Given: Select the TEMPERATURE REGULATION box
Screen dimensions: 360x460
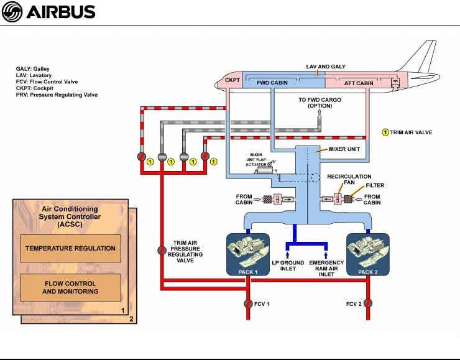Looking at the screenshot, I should pyautogui.click(x=70, y=248).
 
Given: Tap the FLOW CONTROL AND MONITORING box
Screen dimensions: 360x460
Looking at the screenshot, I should pyautogui.click(x=70, y=287).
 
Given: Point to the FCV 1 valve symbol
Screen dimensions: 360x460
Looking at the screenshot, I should pyautogui.click(x=248, y=304).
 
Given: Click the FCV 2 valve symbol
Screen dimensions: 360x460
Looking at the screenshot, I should pyautogui.click(x=367, y=304).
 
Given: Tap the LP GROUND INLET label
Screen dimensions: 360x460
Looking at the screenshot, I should pyautogui.click(x=288, y=265).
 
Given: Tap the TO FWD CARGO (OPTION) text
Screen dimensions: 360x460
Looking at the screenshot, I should pyautogui.click(x=320, y=102).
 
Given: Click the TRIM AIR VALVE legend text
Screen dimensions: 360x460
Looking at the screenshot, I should pyautogui.click(x=411, y=132).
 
